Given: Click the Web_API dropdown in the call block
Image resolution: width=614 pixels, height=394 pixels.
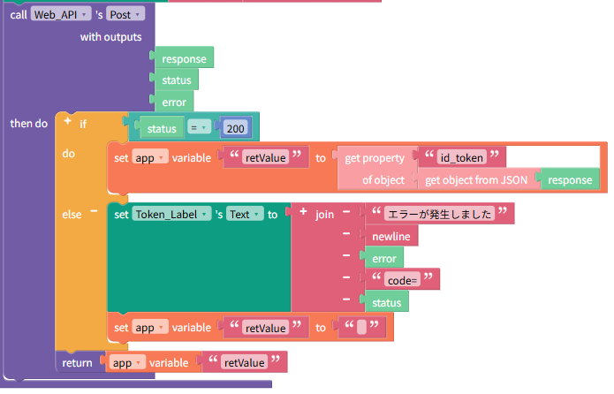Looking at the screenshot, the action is pos(61,14).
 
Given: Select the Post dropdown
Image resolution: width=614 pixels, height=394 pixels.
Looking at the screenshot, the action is pos(125,14).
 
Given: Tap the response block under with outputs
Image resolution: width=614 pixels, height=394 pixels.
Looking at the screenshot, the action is pos(184,58).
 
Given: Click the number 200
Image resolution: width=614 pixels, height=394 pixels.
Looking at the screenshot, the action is pos(235,128).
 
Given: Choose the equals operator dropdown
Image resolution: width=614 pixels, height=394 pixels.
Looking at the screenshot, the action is pos(199,127).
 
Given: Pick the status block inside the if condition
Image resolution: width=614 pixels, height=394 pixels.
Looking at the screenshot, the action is pos(162,128).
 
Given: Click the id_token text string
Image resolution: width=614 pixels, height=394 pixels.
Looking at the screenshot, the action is pos(462,157).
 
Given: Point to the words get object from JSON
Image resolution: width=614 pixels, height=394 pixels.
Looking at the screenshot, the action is pos(476,179).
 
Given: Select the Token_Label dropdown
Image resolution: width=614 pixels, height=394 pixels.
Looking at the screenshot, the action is pos(171,214).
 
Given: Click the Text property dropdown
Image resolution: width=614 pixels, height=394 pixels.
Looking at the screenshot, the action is pos(245,214).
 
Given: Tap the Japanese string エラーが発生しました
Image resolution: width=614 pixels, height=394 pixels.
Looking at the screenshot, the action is pos(439,214).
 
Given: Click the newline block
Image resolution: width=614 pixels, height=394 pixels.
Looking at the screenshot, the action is pos(391,236).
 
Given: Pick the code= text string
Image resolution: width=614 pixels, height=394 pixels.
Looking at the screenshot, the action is pos(402,280).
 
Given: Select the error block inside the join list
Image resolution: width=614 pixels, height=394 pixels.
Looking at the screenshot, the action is pos(383,258).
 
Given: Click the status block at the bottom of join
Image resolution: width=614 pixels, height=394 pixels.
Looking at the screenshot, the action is pos(386,302).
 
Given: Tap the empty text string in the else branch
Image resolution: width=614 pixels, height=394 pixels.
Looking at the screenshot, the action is pos(362,327).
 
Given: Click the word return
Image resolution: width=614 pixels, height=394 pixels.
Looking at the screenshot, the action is pos(77,363).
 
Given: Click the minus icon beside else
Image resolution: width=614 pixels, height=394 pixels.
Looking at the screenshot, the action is pos(94,211).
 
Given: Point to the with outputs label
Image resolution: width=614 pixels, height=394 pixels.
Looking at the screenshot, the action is pos(110,37).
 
